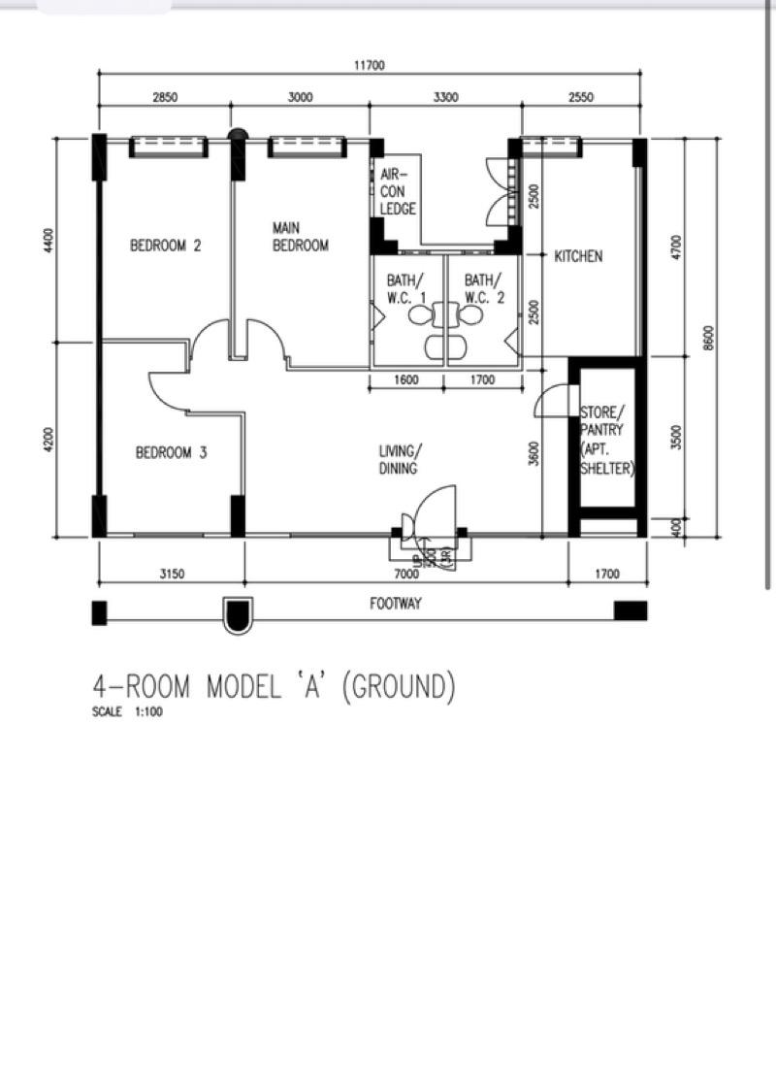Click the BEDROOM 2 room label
coord(165,246)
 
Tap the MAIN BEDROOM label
coord(300,237)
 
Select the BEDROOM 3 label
coord(171,452)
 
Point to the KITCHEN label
coord(578,256)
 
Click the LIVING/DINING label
coord(398,460)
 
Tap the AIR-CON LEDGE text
coord(398,191)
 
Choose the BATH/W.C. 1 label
coord(406,288)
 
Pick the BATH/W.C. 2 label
coord(484,288)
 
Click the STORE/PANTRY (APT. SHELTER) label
coord(606,440)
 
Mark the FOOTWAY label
coord(396,604)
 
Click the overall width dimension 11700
coord(370,66)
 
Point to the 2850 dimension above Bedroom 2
coord(165,97)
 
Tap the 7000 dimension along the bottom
coord(406,575)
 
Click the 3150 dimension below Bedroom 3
coord(171,575)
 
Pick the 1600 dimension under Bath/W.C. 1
coord(406,379)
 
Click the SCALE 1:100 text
coord(122,713)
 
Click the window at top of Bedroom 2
coord(168,146)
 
